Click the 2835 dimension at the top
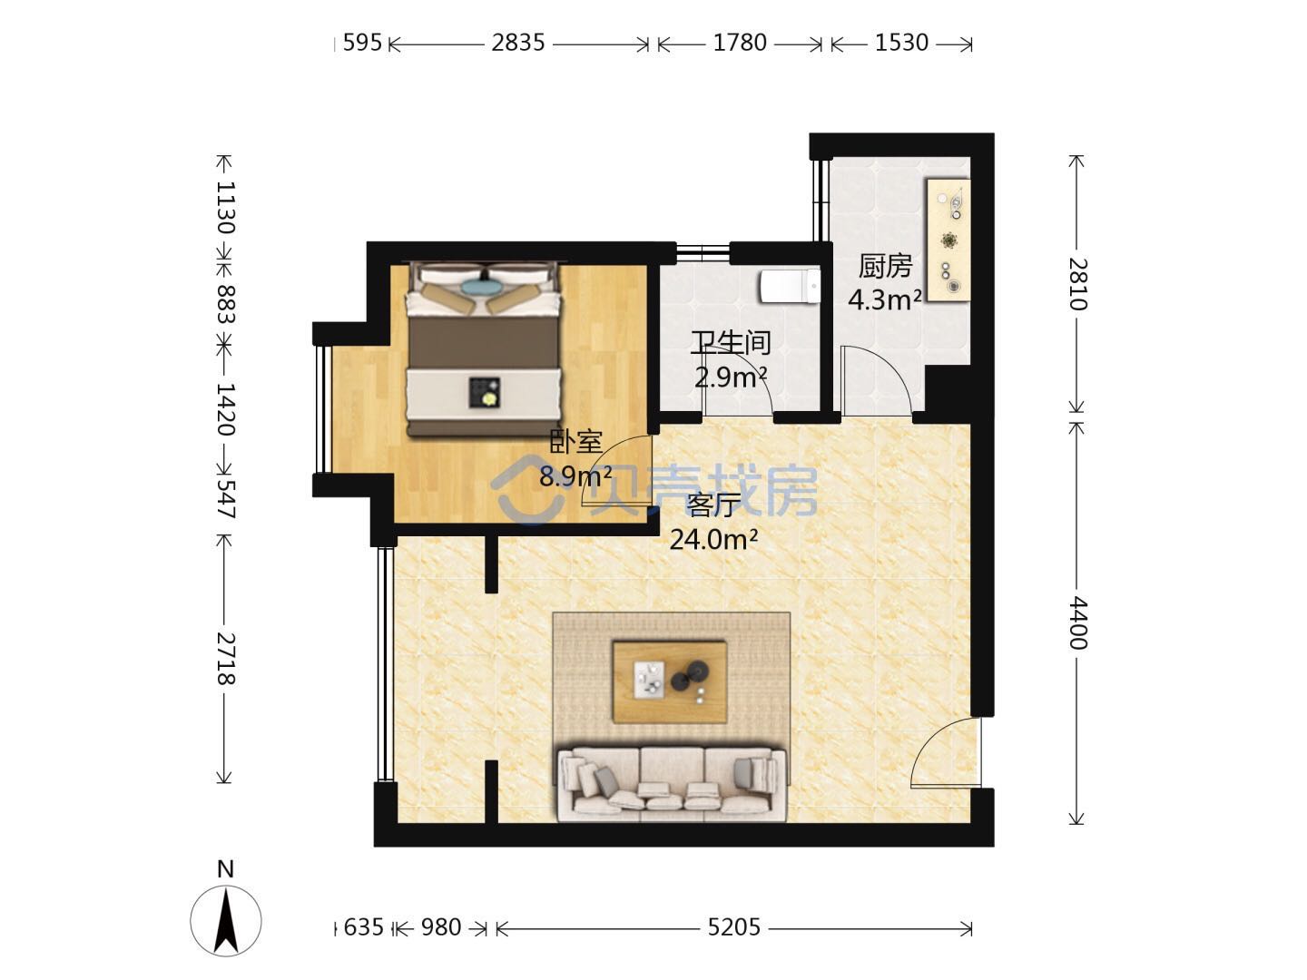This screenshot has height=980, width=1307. pyautogui.click(x=518, y=43)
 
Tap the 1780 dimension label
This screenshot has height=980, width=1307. pyautogui.click(x=740, y=43)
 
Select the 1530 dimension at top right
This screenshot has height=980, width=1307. pyautogui.click(x=901, y=43)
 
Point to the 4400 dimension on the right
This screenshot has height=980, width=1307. pyautogui.click(x=1077, y=623)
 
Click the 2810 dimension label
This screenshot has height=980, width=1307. pyautogui.click(x=1077, y=284)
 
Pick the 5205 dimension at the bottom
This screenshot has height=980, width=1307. pyautogui.click(x=733, y=927)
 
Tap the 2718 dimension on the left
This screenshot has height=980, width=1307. pyautogui.click(x=226, y=658)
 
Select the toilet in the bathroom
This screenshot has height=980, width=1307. pyautogui.click(x=791, y=286)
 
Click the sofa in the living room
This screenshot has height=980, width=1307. pyautogui.click(x=672, y=784)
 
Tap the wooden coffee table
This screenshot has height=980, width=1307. pyautogui.click(x=670, y=681)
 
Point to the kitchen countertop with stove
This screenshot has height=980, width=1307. pyautogui.click(x=948, y=239)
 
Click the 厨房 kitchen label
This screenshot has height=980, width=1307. pyautogui.click(x=885, y=267)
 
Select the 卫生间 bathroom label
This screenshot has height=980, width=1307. pyautogui.click(x=731, y=343)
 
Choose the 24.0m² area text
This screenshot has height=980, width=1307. pyautogui.click(x=714, y=540)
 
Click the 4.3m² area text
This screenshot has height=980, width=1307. pyautogui.click(x=885, y=299)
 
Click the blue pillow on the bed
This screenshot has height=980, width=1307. pyautogui.click(x=482, y=286)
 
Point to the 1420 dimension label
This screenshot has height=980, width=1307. pyautogui.click(x=226, y=408)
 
